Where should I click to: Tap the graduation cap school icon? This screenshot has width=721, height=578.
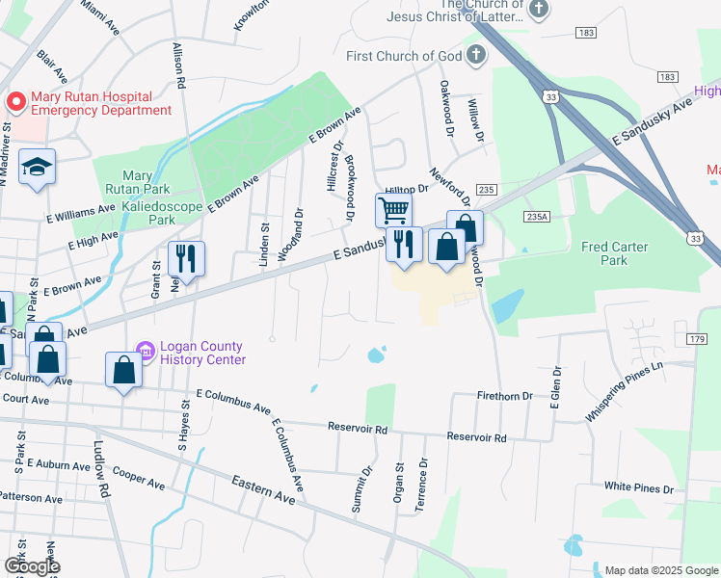pos(37,168)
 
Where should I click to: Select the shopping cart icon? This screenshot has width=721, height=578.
pos(393,210)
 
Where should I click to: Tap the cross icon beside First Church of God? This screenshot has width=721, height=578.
pos(475,56)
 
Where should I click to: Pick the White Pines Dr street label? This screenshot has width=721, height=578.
pos(638,488)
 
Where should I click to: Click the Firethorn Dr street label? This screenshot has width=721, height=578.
pos(505,396)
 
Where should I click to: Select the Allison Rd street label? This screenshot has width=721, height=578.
pos(179,63)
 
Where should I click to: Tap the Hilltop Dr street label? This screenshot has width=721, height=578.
pos(406,192)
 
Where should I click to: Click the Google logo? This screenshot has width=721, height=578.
pos(32,566)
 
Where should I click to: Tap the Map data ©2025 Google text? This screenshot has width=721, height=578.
pos(659,569)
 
